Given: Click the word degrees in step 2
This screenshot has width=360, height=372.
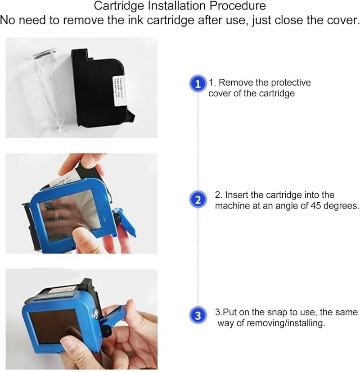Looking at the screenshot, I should pos(334,206).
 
